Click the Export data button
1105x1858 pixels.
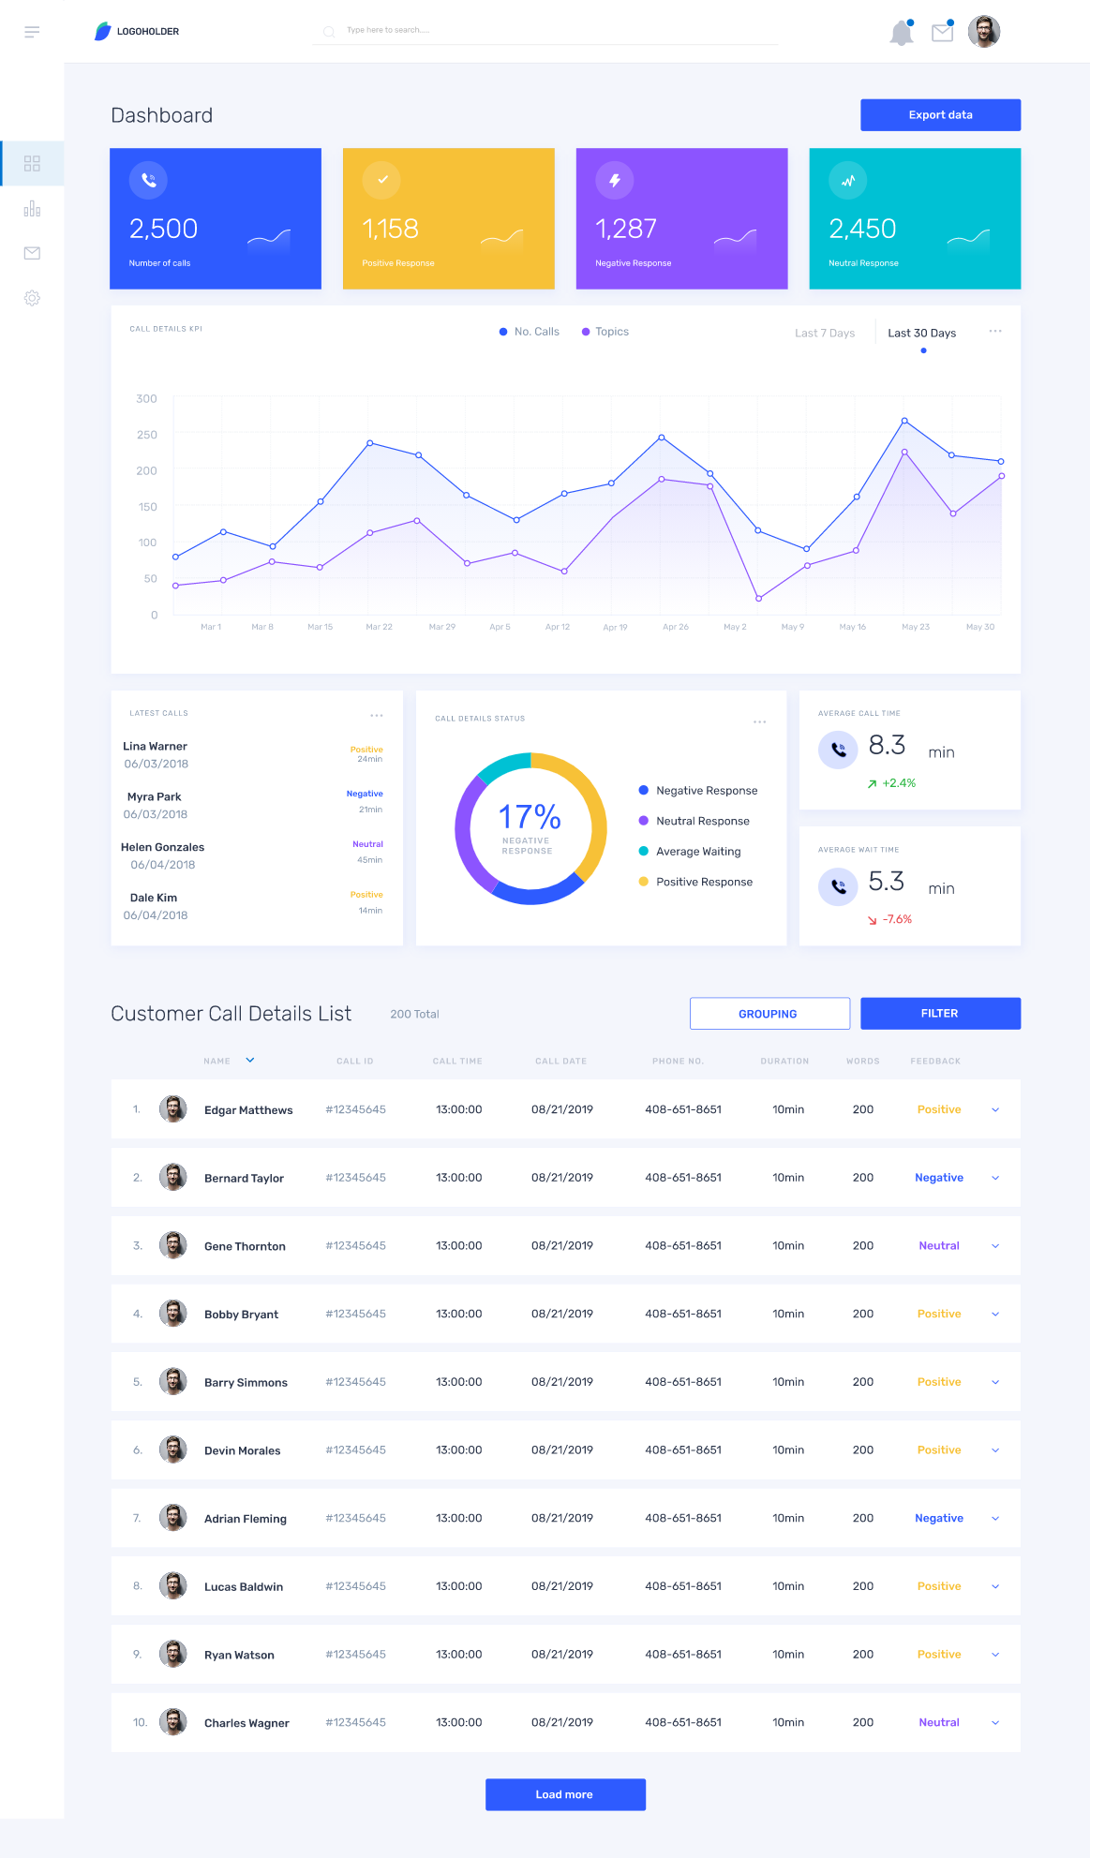tap(940, 115)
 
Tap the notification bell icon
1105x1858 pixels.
tap(901, 33)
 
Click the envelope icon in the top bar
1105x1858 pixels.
tap(942, 33)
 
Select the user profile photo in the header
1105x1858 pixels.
tap(984, 32)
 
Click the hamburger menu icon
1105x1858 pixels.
tap(32, 32)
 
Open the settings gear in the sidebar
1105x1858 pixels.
tap(32, 298)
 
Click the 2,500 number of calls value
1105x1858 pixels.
tap(163, 229)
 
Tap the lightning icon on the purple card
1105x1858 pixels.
tap(615, 180)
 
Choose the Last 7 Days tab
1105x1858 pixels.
tap(825, 334)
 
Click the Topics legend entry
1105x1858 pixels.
tap(611, 332)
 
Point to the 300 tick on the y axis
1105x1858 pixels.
tap(146, 399)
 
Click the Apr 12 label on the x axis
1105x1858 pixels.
tap(558, 627)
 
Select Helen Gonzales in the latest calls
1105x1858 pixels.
tap(162, 847)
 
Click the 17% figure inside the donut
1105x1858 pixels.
tap(530, 817)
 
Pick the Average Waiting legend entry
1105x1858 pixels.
tap(698, 852)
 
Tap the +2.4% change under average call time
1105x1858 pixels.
tap(898, 783)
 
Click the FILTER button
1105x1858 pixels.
tap(940, 1014)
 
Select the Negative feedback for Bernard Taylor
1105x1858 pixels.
tap(939, 1178)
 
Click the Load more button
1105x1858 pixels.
tap(565, 1794)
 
